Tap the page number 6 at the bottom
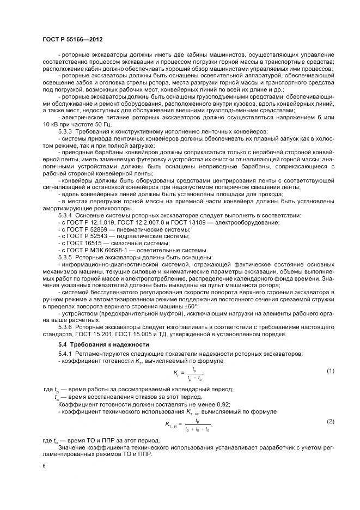pyautogui.click(x=44, y=466)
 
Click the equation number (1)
pyautogui.click(x=330, y=371)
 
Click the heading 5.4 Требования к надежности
pyautogui.click(x=103, y=344)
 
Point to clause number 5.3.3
pyautogui.click(x=67, y=132)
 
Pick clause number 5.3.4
pyautogui.click(x=67, y=215)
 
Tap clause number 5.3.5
pyautogui.click(x=67, y=257)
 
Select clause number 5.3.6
pyautogui.click(x=67, y=326)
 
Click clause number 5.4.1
pyautogui.click(x=67, y=354)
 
